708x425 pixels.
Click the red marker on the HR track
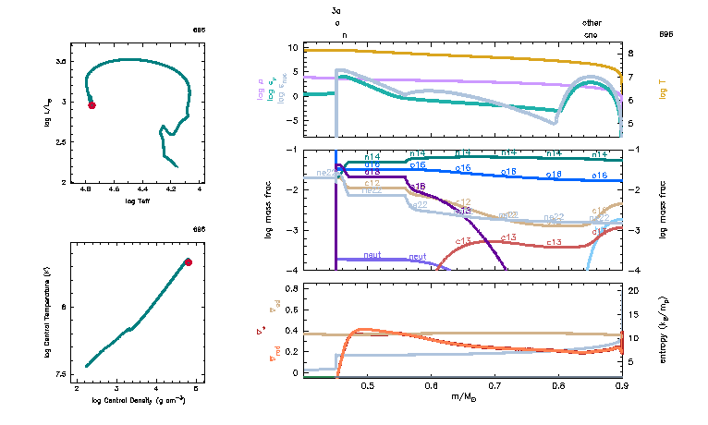[x=92, y=105]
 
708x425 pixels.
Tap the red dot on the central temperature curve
[x=189, y=262]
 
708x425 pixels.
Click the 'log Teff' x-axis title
[x=142, y=200]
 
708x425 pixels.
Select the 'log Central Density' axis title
[x=139, y=400]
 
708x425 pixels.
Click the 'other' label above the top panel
[x=592, y=22]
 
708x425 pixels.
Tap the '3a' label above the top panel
[x=338, y=10]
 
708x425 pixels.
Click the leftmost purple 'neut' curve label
[x=372, y=254]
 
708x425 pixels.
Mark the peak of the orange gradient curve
[x=362, y=328]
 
